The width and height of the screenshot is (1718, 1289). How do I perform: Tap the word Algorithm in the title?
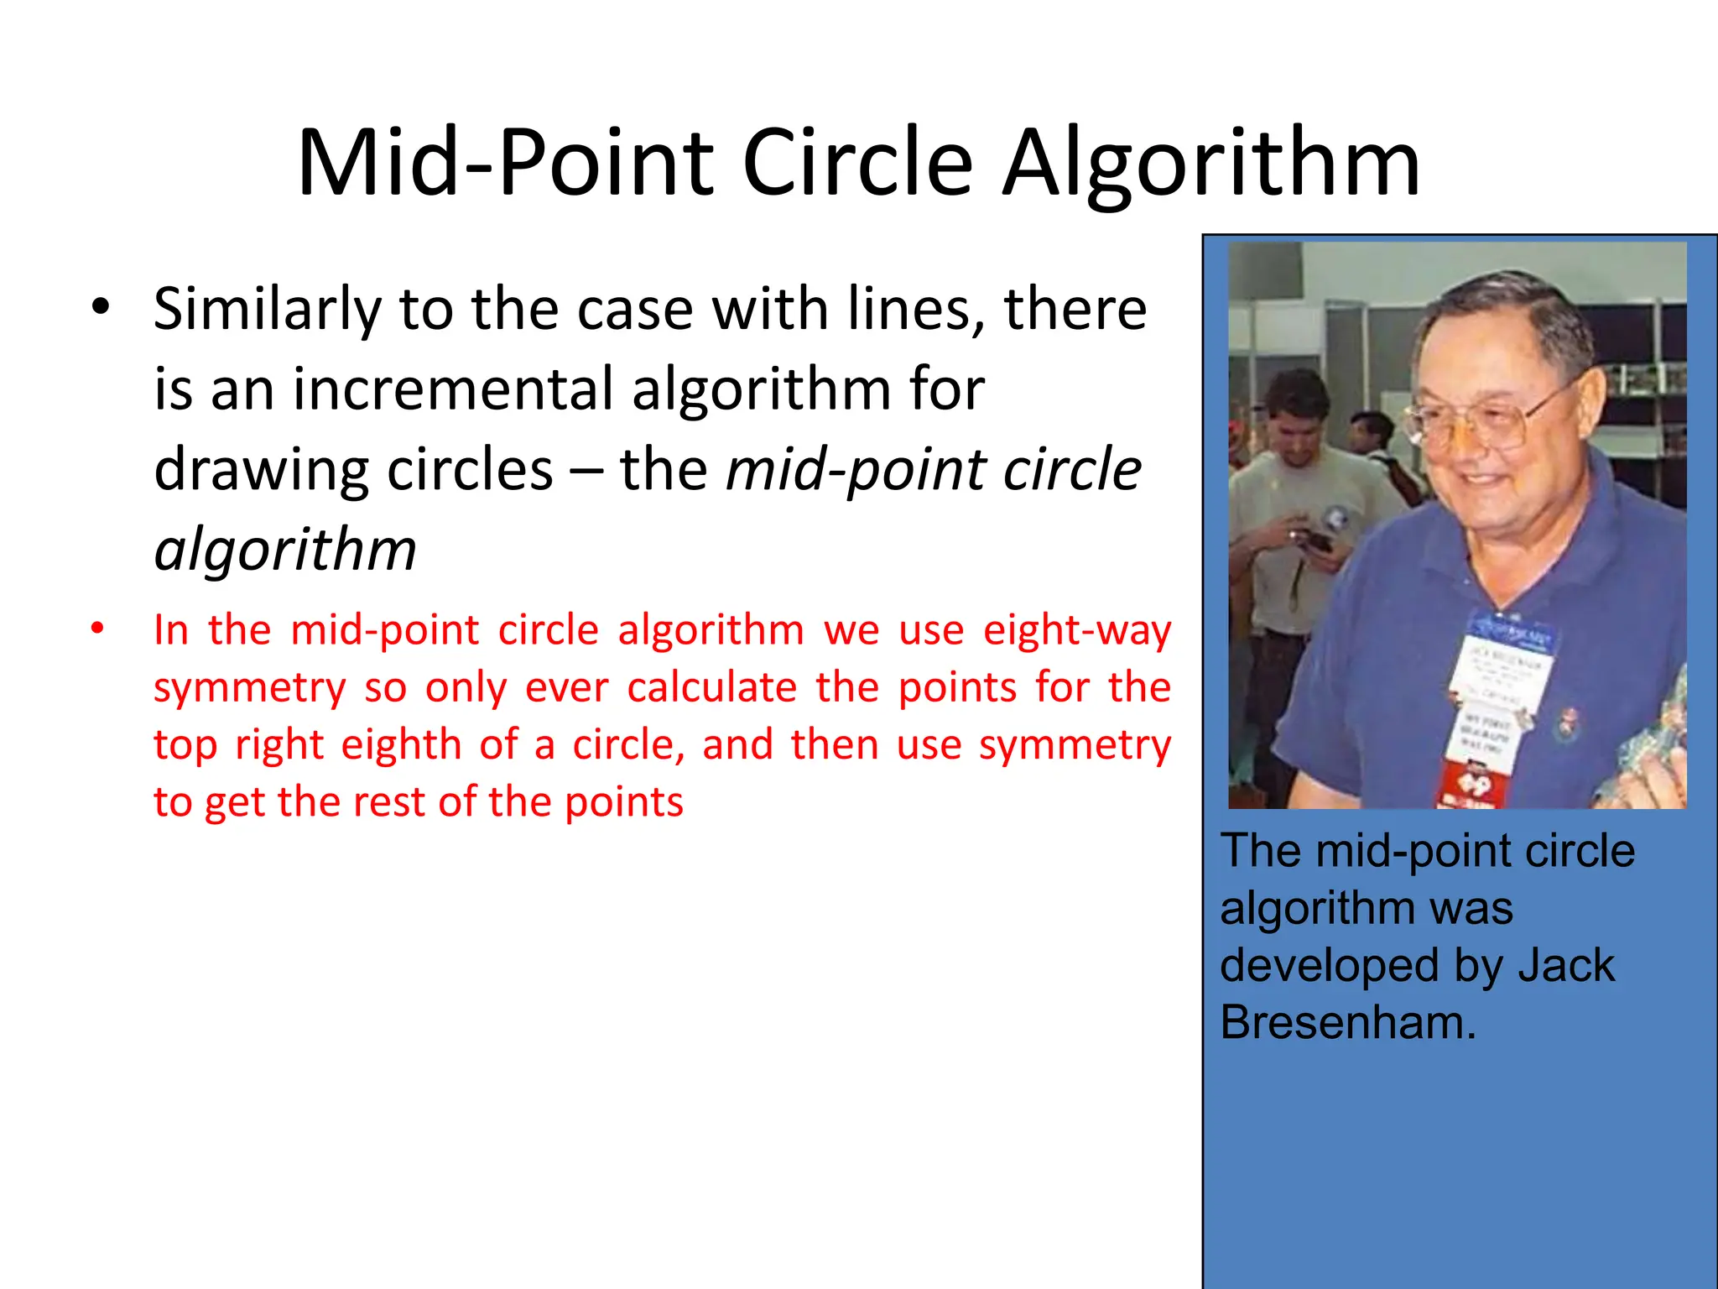tap(1211, 164)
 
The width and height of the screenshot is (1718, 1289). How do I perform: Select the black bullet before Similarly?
tap(100, 307)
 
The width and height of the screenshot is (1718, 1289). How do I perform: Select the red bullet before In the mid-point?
tap(98, 628)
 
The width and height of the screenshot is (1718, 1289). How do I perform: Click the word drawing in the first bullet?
tap(261, 470)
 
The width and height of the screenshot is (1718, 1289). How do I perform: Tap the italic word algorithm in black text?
tap(285, 550)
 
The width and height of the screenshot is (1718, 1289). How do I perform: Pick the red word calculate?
tap(711, 687)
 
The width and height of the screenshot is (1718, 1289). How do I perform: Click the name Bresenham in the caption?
tap(1346, 1022)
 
